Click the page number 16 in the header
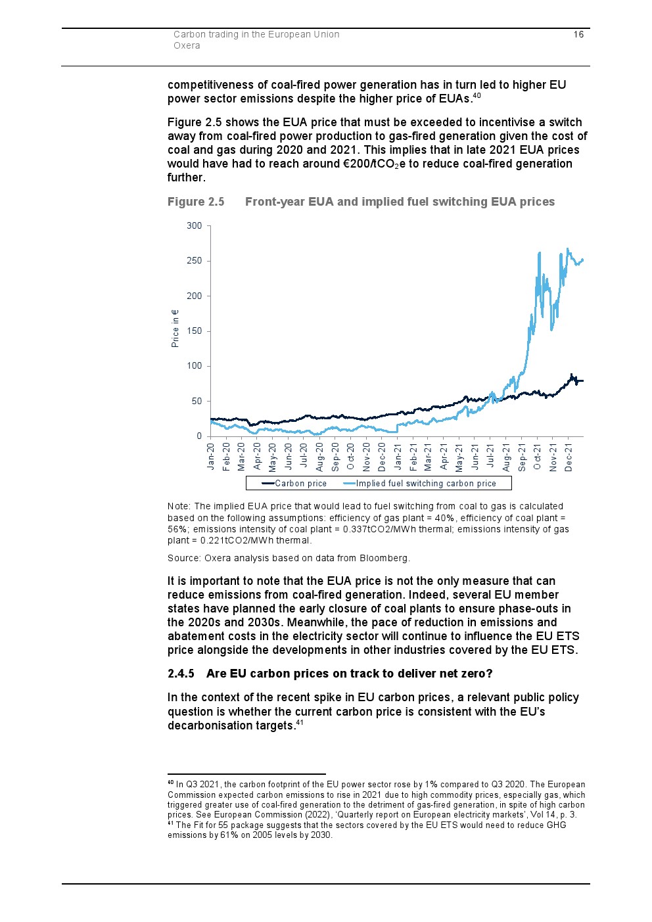click(x=578, y=35)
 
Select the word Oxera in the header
click(x=187, y=46)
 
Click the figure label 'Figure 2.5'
click(x=196, y=202)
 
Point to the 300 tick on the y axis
click(x=195, y=226)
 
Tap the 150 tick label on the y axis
click(x=195, y=331)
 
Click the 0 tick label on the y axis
click(x=199, y=436)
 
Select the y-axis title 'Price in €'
click(x=175, y=328)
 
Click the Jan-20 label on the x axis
click(x=211, y=457)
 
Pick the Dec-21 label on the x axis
click(x=569, y=457)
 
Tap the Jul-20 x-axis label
click(x=304, y=455)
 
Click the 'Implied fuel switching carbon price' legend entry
click(x=426, y=484)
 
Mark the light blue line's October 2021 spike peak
click(x=540, y=253)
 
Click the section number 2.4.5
click(x=181, y=674)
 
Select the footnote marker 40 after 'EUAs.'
click(x=477, y=96)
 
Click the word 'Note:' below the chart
click(x=179, y=507)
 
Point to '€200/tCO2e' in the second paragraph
click(x=375, y=164)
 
